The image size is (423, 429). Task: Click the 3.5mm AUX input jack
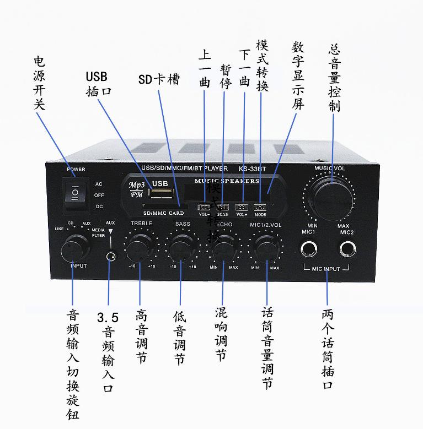click(112, 256)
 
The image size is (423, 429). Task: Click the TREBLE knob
click(138, 248)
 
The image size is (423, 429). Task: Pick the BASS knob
click(182, 249)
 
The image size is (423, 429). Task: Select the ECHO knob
click(223, 249)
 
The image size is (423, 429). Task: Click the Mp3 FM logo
click(136, 189)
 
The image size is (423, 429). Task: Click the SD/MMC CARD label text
click(163, 213)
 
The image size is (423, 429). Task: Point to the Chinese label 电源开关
click(39, 83)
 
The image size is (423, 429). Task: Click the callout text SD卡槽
click(159, 79)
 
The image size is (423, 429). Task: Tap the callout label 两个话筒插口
click(328, 349)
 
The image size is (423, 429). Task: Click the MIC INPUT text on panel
click(326, 269)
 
